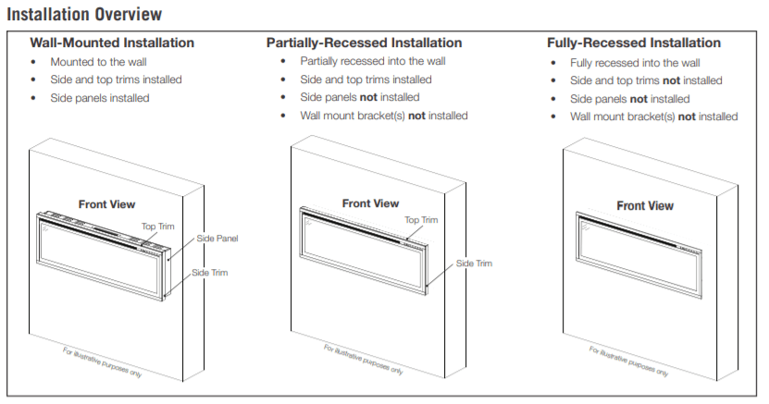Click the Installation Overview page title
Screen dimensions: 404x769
point(84,15)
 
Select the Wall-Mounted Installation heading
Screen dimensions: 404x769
point(112,43)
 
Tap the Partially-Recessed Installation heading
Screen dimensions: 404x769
point(364,43)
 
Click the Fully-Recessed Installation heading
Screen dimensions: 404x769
point(634,43)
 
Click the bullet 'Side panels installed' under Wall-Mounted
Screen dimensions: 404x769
point(99,98)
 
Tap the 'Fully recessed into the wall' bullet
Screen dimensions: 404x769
point(635,62)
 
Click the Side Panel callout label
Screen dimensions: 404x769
point(217,239)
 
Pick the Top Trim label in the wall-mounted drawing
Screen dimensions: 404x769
point(157,226)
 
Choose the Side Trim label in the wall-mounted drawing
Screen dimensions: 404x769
point(210,273)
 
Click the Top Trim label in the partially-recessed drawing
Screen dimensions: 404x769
point(422,220)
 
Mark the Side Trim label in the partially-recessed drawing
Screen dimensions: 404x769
point(474,263)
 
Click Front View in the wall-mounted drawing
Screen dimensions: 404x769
point(106,203)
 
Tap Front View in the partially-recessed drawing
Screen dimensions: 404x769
point(370,203)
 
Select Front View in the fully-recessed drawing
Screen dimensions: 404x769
point(645,205)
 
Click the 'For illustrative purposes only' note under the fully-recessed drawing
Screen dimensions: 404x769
point(628,358)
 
